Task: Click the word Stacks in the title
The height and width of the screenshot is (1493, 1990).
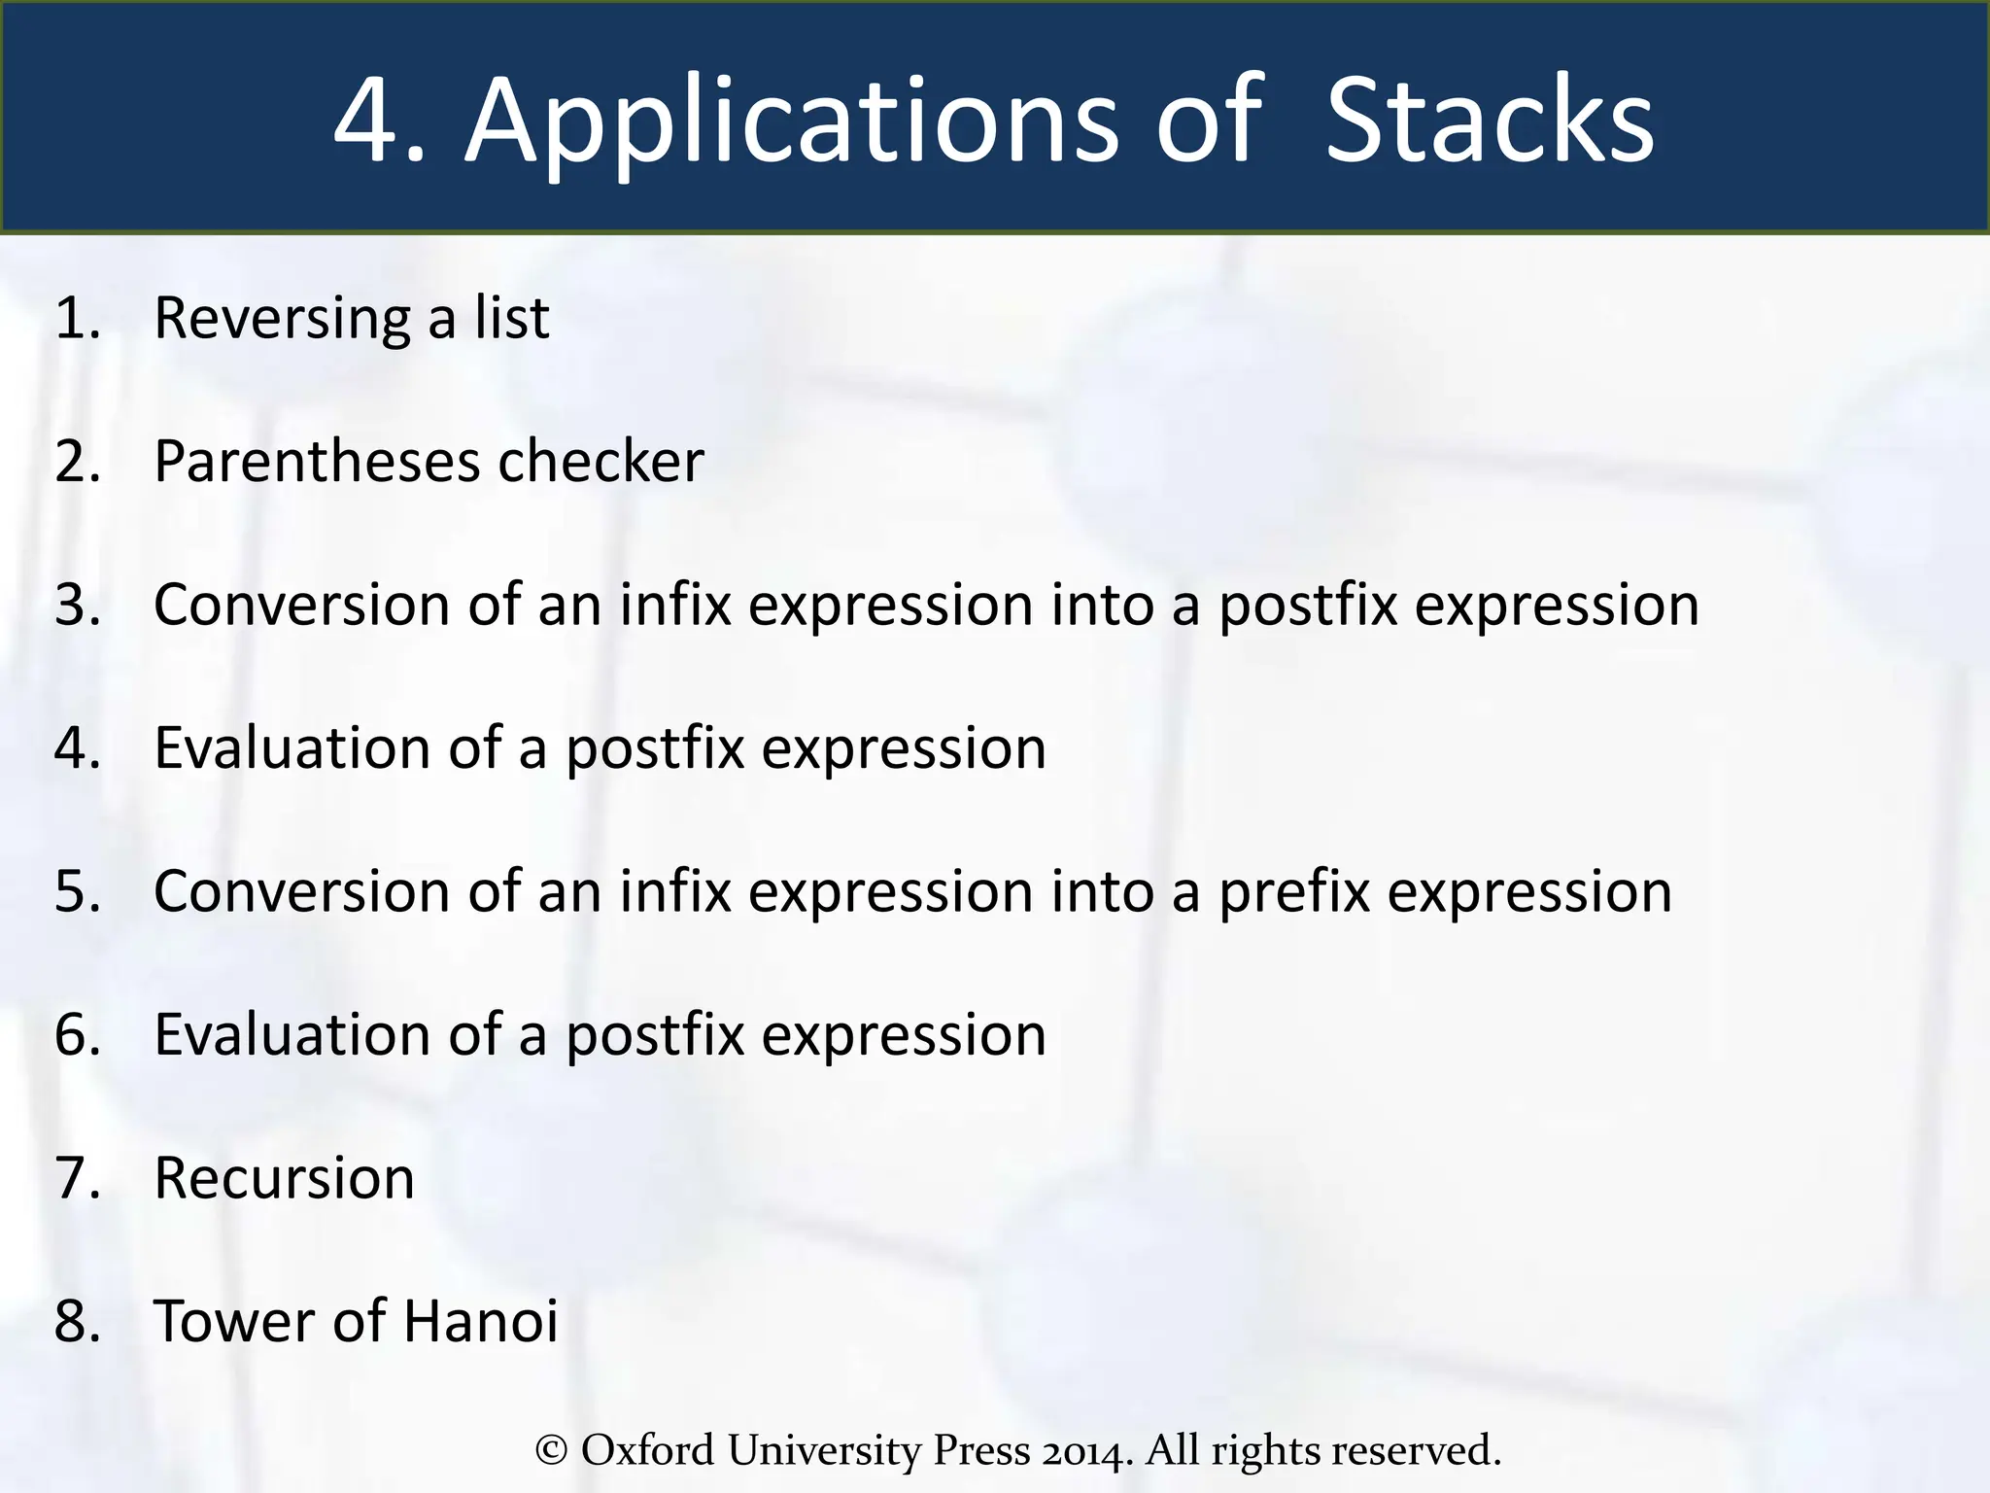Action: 1489,122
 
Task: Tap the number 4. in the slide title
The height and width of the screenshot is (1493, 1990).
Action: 379,122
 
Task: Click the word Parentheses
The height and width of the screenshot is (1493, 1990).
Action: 316,461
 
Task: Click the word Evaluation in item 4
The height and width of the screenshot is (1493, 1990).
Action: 292,748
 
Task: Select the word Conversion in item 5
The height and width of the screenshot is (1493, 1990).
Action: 301,891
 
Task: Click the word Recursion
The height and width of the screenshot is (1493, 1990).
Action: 284,1178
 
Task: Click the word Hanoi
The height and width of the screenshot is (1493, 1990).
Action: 480,1321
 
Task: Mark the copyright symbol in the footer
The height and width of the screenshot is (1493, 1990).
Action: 551,1450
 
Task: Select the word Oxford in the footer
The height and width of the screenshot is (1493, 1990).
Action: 647,1450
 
